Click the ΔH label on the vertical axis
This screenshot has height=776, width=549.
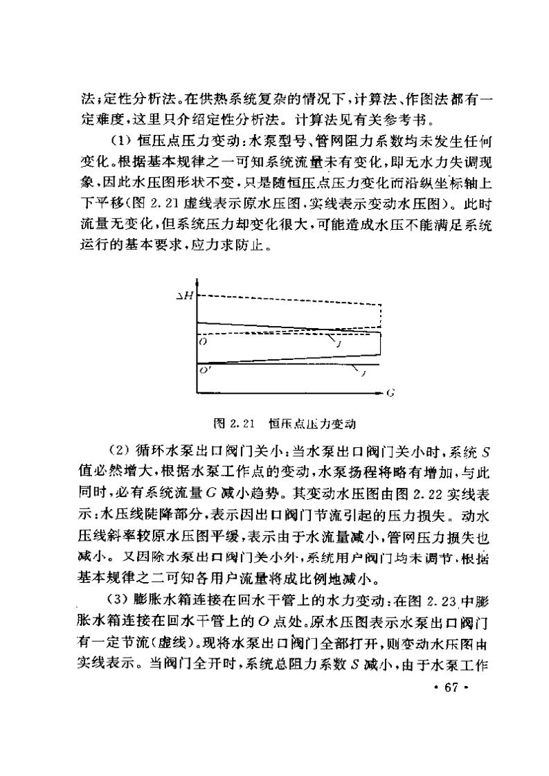pos(186,296)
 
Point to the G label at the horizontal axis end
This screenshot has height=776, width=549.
pos(390,392)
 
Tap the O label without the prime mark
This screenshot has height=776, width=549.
pos(201,341)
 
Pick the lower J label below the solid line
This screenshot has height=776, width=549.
pos(363,375)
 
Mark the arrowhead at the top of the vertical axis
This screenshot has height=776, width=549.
pos(198,282)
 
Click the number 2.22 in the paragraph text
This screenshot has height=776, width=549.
pos(413,489)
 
